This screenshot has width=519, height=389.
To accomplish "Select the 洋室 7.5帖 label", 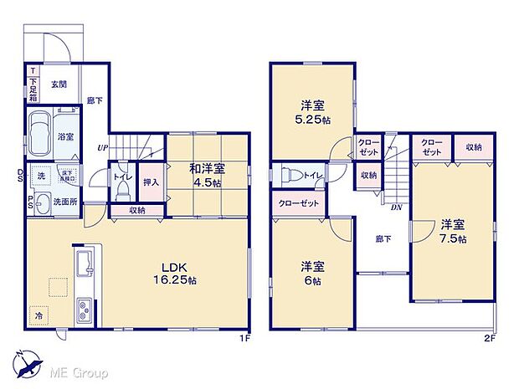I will (x=453, y=231).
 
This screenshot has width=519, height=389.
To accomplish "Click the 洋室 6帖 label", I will (x=311, y=273).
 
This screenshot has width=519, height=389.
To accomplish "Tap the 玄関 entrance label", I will (x=59, y=84).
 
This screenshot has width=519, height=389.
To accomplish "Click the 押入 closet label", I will (x=150, y=182).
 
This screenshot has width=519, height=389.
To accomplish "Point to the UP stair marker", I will (x=102, y=148).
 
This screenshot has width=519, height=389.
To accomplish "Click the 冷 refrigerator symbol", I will (x=39, y=316).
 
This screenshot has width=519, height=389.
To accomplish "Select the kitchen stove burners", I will (x=85, y=313).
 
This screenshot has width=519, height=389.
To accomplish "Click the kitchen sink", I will (x=85, y=265).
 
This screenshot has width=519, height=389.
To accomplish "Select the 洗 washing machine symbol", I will (x=39, y=176).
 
